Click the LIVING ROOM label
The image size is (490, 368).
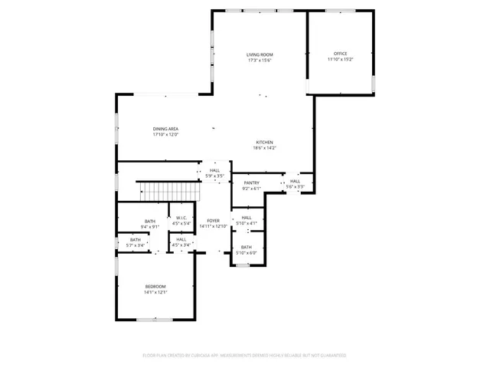260,54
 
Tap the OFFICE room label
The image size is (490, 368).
340,54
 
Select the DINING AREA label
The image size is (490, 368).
165,129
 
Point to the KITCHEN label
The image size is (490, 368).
264,143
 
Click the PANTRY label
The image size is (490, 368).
252,182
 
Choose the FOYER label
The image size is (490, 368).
213,221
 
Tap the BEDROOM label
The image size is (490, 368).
156,286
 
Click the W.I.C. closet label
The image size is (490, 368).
181,218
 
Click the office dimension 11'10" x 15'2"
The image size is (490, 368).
340,60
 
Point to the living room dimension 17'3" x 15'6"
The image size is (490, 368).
260,61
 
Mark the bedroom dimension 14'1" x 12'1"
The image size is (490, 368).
156,292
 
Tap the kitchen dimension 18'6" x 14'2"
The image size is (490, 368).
264,148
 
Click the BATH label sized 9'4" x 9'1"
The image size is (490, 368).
150,221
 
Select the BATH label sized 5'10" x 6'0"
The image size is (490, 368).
247,248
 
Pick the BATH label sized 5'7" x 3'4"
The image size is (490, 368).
135,240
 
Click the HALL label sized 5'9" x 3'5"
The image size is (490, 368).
214,170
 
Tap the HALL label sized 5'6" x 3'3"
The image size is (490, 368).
296,182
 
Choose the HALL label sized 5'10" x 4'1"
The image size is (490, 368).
247,218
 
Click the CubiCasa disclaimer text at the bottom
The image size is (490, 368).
244,356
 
